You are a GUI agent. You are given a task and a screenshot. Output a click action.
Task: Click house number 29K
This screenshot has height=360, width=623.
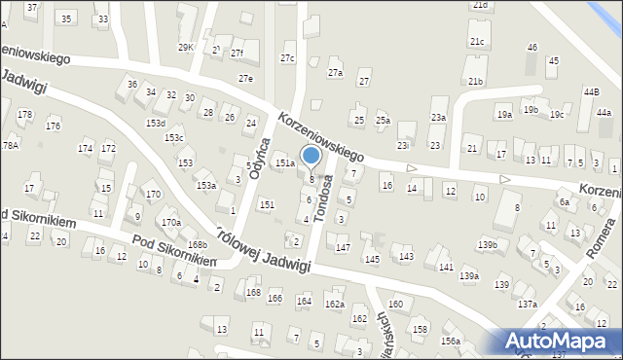click(185, 47)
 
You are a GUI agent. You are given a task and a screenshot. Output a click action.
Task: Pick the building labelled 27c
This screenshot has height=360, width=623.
click(287, 58)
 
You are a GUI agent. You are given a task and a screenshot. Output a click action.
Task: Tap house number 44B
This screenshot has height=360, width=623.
click(591, 91)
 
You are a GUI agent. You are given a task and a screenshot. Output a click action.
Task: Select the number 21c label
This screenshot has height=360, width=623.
click(476, 42)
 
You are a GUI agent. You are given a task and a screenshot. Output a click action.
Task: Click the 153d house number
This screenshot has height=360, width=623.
click(156, 124)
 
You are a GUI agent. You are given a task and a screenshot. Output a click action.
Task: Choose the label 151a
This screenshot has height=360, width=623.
click(284, 163)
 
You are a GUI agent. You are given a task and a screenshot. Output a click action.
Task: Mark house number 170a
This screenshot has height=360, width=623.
click(171, 223)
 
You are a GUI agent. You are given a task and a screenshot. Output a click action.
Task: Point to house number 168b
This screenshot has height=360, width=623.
click(198, 244)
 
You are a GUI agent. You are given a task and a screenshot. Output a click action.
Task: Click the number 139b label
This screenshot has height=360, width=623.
click(487, 245)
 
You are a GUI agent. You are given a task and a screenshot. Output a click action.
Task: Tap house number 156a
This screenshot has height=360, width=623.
click(450, 341)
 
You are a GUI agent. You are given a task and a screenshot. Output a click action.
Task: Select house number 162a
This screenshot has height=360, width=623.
click(335, 305)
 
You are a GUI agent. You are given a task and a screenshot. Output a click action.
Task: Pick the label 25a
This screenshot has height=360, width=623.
click(384, 120)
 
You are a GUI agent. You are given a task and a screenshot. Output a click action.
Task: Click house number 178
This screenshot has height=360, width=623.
click(24, 115)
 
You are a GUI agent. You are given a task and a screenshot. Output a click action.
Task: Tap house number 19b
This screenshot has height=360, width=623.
click(530, 110)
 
